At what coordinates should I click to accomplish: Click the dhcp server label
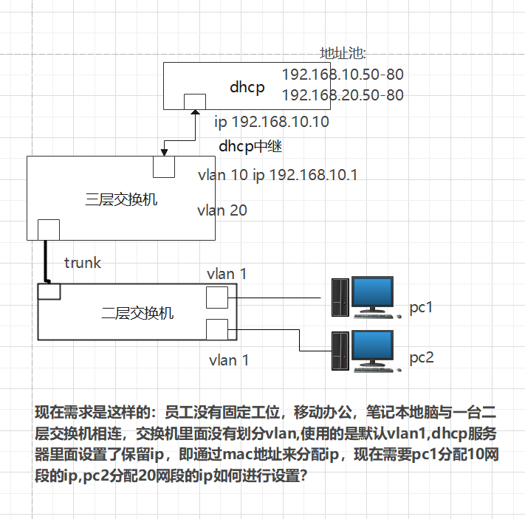click(x=247, y=87)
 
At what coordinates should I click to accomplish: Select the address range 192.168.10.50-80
click(x=343, y=75)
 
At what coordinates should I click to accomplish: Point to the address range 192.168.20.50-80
click(x=343, y=95)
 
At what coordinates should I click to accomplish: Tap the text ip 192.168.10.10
click(x=271, y=122)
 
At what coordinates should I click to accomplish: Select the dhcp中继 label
click(x=250, y=146)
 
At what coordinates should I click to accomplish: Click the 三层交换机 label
click(x=122, y=199)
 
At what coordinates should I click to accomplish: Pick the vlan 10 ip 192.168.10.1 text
click(x=278, y=175)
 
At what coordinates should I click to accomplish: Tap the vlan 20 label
click(x=222, y=210)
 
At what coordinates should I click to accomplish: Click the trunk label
click(x=83, y=262)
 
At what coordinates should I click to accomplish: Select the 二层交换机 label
click(x=137, y=312)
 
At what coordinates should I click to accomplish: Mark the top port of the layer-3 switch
click(x=163, y=167)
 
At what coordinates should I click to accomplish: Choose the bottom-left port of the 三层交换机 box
click(x=48, y=230)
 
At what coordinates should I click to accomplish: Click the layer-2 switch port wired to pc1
click(x=216, y=298)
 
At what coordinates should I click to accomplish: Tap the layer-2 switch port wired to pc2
click(x=216, y=329)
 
